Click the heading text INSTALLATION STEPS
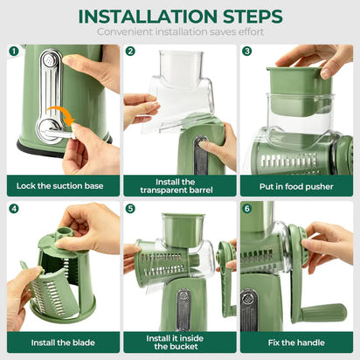[x=180, y=16]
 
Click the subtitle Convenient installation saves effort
[x=180, y=32]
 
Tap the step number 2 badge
[x=130, y=52]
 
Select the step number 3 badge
[x=247, y=52]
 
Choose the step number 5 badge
[x=130, y=209]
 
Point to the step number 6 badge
[x=247, y=209]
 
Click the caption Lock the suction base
[x=60, y=184]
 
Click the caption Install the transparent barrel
[x=178, y=184]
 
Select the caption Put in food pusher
[x=295, y=184]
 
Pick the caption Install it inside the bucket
[x=178, y=341]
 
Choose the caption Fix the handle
[x=295, y=341]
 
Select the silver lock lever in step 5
[x=183, y=310]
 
